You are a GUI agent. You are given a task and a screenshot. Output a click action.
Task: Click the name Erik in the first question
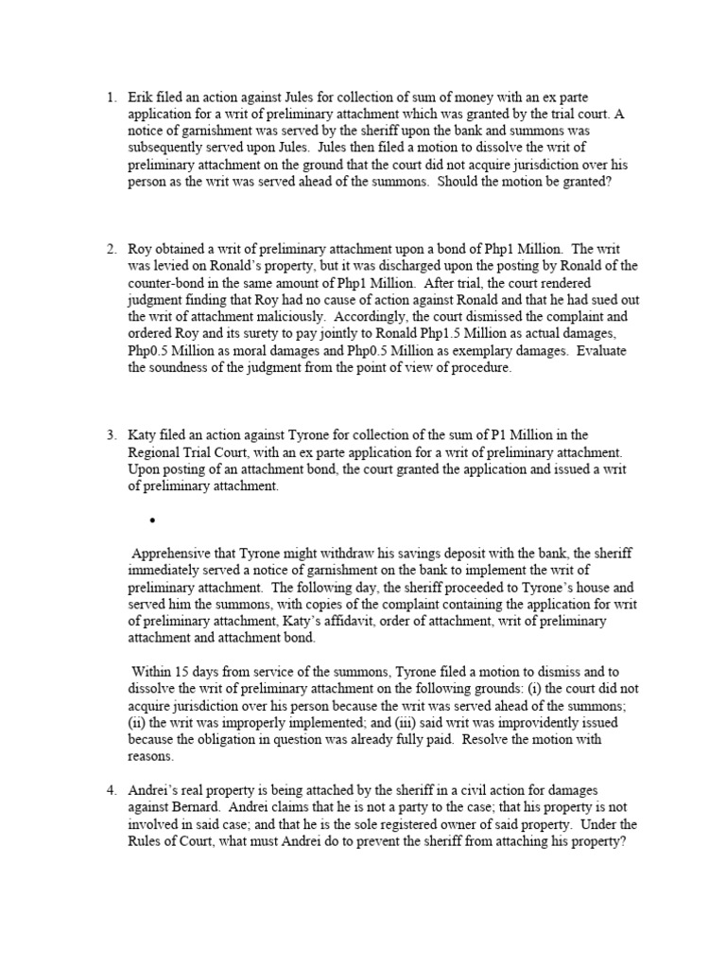tap(141, 97)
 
